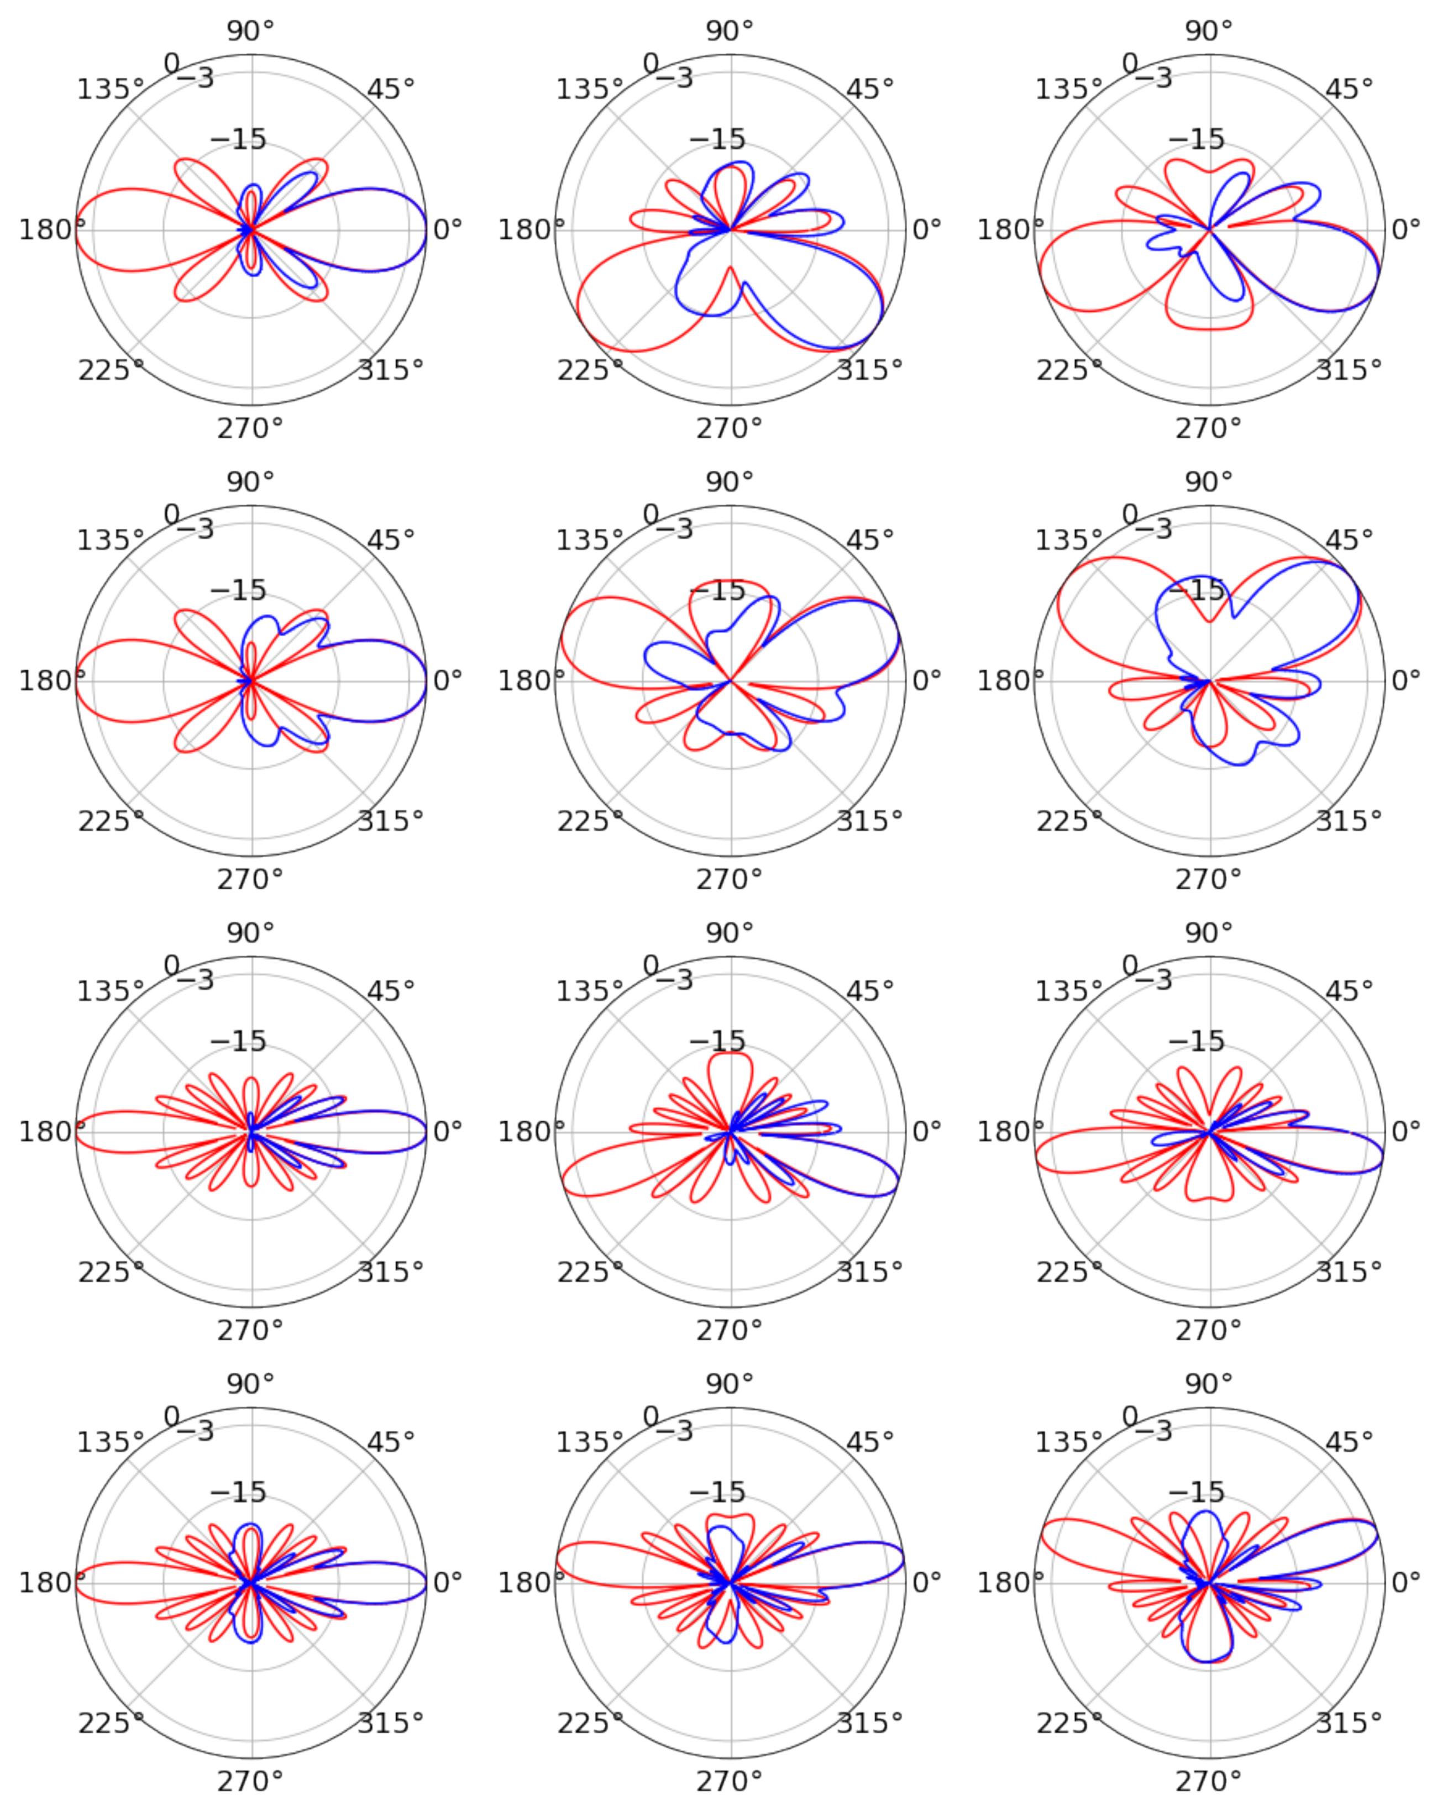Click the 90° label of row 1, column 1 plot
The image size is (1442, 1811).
250,31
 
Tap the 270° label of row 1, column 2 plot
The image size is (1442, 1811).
728,428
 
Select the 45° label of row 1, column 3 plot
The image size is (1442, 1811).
1349,88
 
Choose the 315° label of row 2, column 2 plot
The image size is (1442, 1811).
869,821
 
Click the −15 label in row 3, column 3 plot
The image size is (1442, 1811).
1196,1042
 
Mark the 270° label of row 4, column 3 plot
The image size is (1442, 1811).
1208,1782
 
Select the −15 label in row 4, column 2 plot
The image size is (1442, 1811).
717,1493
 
